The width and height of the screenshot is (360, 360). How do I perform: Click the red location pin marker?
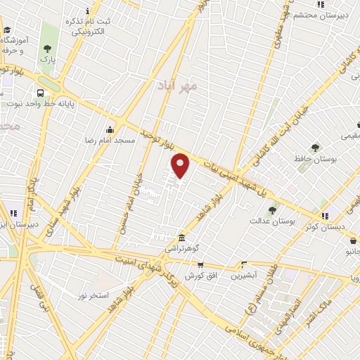coord(181,165)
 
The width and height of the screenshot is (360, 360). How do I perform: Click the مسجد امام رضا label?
coord(110,141)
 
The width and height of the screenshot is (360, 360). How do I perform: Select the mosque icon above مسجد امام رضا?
coord(110,129)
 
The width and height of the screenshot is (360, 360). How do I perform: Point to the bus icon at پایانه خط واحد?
coord(40,93)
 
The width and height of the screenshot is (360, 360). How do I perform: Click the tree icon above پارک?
coord(47,49)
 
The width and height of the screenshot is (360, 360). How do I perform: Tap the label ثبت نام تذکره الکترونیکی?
coord(85,27)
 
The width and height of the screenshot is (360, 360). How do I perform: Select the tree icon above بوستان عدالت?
coord(272,210)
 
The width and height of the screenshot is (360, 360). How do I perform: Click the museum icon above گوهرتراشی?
coord(182,238)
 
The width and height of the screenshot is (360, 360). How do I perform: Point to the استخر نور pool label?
coord(93,295)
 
